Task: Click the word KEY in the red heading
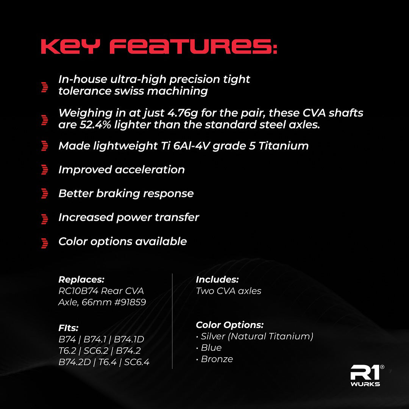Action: [x=70, y=47]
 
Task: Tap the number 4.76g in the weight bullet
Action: [x=183, y=113]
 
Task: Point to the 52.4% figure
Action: [x=95, y=125]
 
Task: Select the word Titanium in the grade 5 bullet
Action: [x=284, y=146]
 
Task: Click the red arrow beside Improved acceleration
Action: [x=45, y=170]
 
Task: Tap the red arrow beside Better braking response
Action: [x=45, y=194]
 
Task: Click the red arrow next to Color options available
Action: [x=45, y=243]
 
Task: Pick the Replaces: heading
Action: [x=81, y=279]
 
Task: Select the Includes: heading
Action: [x=217, y=279]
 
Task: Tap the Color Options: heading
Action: [x=229, y=325]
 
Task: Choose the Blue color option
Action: [x=211, y=348]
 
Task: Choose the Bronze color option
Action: [x=217, y=359]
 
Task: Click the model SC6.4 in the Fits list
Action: [x=137, y=362]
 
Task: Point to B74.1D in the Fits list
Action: [x=129, y=339]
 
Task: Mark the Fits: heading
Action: [x=68, y=328]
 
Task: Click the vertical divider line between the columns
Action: [x=172, y=321]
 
